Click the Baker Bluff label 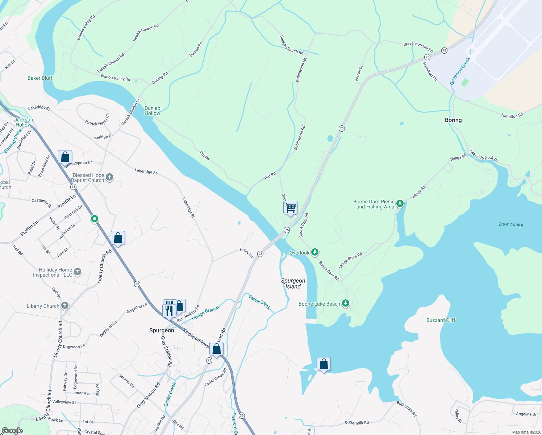pyautogui.click(x=40, y=78)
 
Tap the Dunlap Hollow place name pyautogui.click(x=152, y=111)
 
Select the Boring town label pyautogui.click(x=453, y=120)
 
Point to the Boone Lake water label pyautogui.click(x=510, y=224)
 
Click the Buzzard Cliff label pyautogui.click(x=441, y=320)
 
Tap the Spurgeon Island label pyautogui.click(x=293, y=283)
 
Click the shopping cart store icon pyautogui.click(x=290, y=208)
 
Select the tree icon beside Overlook pyautogui.click(x=315, y=252)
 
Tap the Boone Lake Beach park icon pyautogui.click(x=346, y=303)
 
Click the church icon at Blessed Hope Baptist pyautogui.click(x=109, y=177)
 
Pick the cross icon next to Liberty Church pyautogui.click(x=65, y=306)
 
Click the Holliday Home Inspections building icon pyautogui.click(x=78, y=272)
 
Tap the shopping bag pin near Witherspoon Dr pyautogui.click(x=65, y=157)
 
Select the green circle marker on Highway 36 pyautogui.click(x=95, y=219)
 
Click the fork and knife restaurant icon pyautogui.click(x=169, y=310)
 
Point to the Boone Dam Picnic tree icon pyautogui.click(x=400, y=203)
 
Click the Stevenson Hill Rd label pyautogui.click(x=418, y=47)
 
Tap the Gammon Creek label pyautogui.click(x=460, y=71)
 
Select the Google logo pyautogui.click(x=12, y=431)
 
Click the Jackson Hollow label pyautogui.click(x=24, y=122)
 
